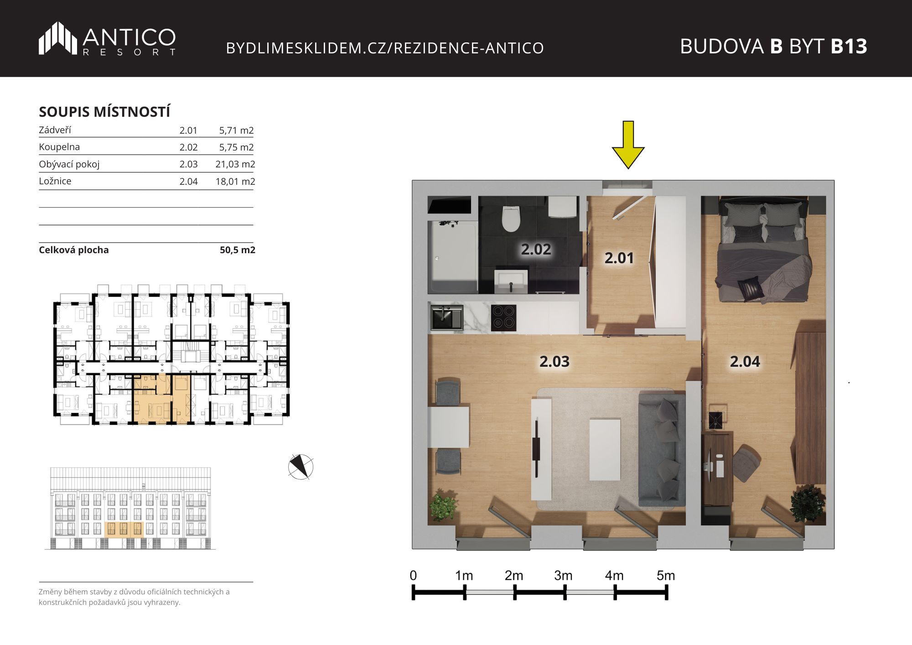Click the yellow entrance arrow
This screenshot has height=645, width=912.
(x=628, y=145)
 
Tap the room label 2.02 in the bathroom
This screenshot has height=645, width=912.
(x=536, y=249)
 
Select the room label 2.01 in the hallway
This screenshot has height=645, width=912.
(x=619, y=258)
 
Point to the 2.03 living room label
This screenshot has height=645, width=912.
(x=554, y=361)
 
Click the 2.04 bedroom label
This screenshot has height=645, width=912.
(x=745, y=361)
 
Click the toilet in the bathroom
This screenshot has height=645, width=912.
(x=511, y=218)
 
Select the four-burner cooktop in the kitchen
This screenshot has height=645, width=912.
(x=504, y=317)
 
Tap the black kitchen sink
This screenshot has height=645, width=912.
(x=447, y=317)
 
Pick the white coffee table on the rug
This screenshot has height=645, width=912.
(x=605, y=449)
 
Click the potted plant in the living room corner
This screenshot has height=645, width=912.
(x=442, y=505)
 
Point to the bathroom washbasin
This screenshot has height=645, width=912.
(x=511, y=281)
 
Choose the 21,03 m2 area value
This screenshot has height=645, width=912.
(x=235, y=164)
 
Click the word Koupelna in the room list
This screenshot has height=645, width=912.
(x=59, y=147)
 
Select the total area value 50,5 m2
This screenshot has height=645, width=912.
(x=238, y=250)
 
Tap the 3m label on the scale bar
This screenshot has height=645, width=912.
(x=563, y=576)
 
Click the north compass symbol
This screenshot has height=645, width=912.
(x=301, y=467)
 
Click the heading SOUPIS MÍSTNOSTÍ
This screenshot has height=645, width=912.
(x=104, y=112)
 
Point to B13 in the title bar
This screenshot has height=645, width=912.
(x=849, y=46)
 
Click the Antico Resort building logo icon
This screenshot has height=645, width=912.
(x=58, y=38)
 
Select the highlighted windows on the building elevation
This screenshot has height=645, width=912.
(x=124, y=529)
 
